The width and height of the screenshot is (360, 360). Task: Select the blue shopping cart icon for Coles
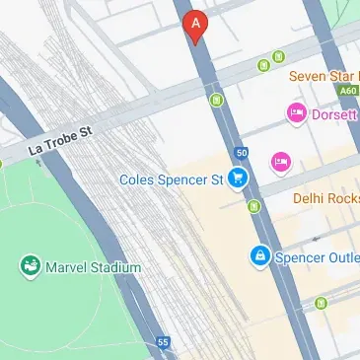click(x=237, y=179)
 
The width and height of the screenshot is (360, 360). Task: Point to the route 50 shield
click(x=242, y=152)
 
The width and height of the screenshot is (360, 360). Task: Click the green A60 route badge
click(x=348, y=91)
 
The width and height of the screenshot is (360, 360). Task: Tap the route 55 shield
click(x=163, y=342)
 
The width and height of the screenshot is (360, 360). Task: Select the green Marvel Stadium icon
click(x=30, y=266)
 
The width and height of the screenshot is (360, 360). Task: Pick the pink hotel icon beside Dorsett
click(x=295, y=114)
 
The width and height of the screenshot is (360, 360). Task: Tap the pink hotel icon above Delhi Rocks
click(x=280, y=160)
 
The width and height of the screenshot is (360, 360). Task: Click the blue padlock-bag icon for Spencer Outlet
click(x=259, y=255)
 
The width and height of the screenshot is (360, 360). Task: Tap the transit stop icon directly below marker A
click(x=216, y=100)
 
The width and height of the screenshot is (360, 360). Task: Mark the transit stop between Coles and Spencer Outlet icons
click(x=254, y=206)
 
